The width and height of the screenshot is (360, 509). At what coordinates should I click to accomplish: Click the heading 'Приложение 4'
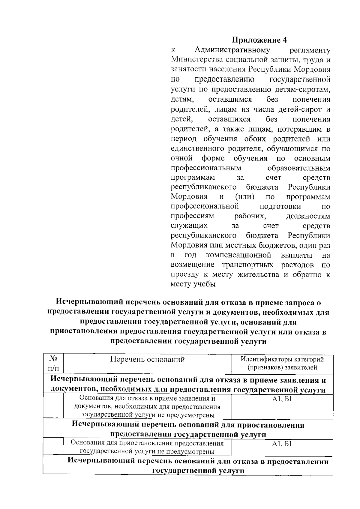[x=260, y=40]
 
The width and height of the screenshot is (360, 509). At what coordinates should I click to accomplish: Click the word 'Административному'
[x=232, y=50]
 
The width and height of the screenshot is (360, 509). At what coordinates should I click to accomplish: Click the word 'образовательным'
[x=298, y=168]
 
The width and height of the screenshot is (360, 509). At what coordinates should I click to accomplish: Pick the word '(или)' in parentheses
[x=245, y=197]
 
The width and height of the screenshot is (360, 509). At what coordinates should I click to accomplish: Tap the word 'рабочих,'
[x=250, y=216]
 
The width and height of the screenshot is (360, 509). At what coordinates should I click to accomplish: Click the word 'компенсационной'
[x=238, y=255]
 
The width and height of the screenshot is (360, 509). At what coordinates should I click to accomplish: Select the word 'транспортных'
[x=248, y=265]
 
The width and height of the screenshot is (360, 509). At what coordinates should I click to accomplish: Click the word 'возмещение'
[x=193, y=265]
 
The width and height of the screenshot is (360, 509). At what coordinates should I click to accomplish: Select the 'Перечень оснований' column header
[x=147, y=360]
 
